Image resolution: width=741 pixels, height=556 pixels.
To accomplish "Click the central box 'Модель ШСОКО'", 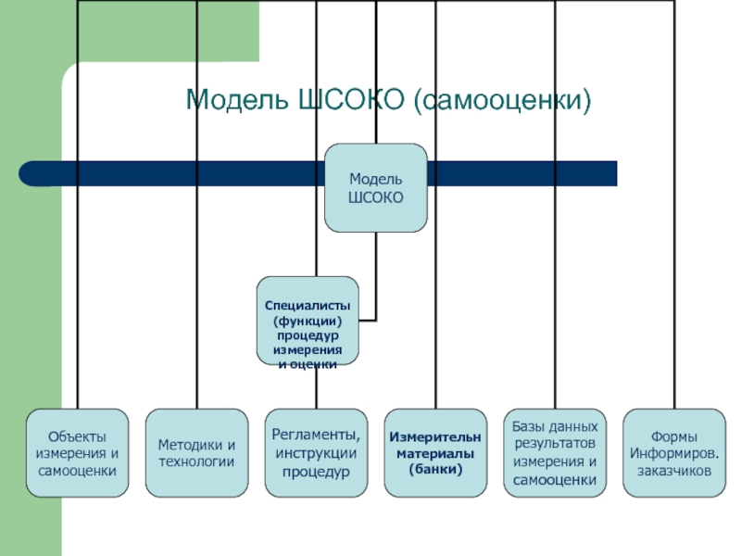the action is tap(375, 187).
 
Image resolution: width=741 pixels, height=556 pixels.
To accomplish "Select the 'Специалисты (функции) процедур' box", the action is tap(307, 320).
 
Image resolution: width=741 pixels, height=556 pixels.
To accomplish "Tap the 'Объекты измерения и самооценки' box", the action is tap(77, 453).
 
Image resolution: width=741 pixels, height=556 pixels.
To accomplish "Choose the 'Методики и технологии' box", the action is tap(196, 453).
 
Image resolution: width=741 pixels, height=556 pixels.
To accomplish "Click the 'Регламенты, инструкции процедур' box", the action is tap(316, 453).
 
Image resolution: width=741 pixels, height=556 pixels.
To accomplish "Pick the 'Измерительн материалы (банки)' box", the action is tap(435, 453).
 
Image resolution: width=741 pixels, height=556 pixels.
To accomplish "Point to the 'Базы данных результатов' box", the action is tap(555, 453).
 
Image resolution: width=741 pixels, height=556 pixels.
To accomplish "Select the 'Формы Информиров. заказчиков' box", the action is tap(673, 453).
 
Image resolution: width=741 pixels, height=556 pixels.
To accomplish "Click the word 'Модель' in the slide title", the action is tap(232, 99).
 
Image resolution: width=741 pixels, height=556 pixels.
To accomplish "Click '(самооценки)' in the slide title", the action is tap(503, 99).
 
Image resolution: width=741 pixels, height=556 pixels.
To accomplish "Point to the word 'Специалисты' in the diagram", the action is tap(307, 304).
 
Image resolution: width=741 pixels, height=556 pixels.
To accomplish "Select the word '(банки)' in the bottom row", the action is tap(435, 470).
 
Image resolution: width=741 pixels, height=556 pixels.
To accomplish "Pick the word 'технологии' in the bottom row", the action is tap(196, 461).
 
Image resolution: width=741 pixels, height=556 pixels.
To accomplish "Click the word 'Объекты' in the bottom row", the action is tap(77, 436).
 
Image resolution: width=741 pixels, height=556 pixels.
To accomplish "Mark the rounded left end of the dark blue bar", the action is tap(28, 173).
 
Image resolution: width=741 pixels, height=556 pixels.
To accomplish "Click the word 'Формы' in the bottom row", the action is tap(673, 436).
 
